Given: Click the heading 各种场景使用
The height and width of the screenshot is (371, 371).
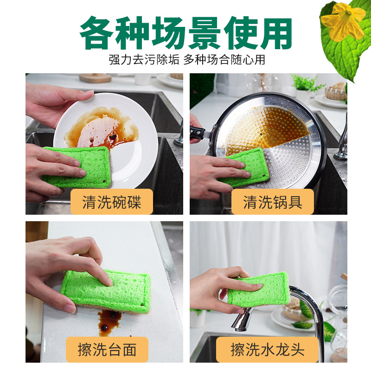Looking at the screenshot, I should [x=185, y=33].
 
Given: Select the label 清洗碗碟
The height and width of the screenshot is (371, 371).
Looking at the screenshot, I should [x=111, y=202].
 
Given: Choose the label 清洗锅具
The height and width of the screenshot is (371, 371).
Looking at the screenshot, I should [x=272, y=202].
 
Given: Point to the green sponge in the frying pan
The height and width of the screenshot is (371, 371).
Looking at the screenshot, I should [x=246, y=167].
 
